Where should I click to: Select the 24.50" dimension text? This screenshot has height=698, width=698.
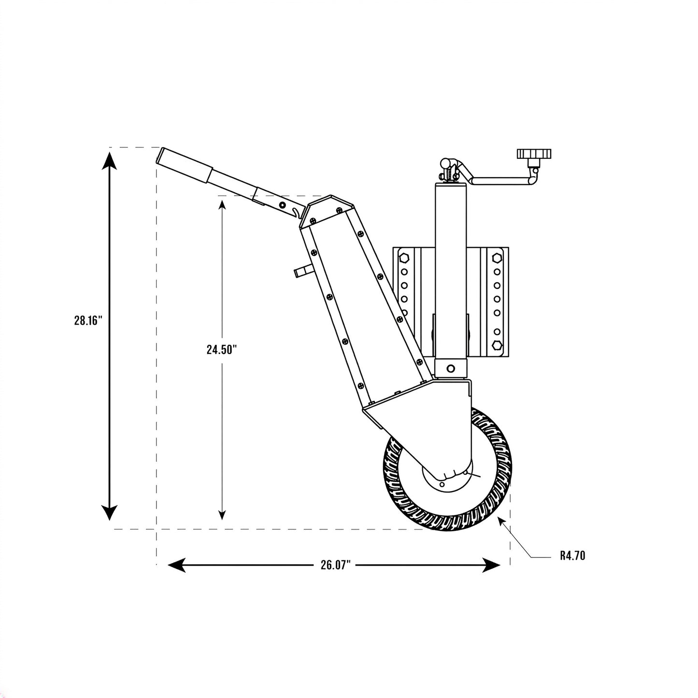[222, 350]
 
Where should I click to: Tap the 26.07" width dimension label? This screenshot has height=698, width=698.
[336, 565]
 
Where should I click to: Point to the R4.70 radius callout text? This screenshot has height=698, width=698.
[572, 556]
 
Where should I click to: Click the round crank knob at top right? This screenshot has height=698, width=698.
[534, 154]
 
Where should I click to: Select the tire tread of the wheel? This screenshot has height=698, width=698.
[447, 470]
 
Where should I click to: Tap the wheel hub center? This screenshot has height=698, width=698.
[448, 478]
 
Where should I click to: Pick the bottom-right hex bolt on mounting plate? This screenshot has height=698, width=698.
[497, 345]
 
